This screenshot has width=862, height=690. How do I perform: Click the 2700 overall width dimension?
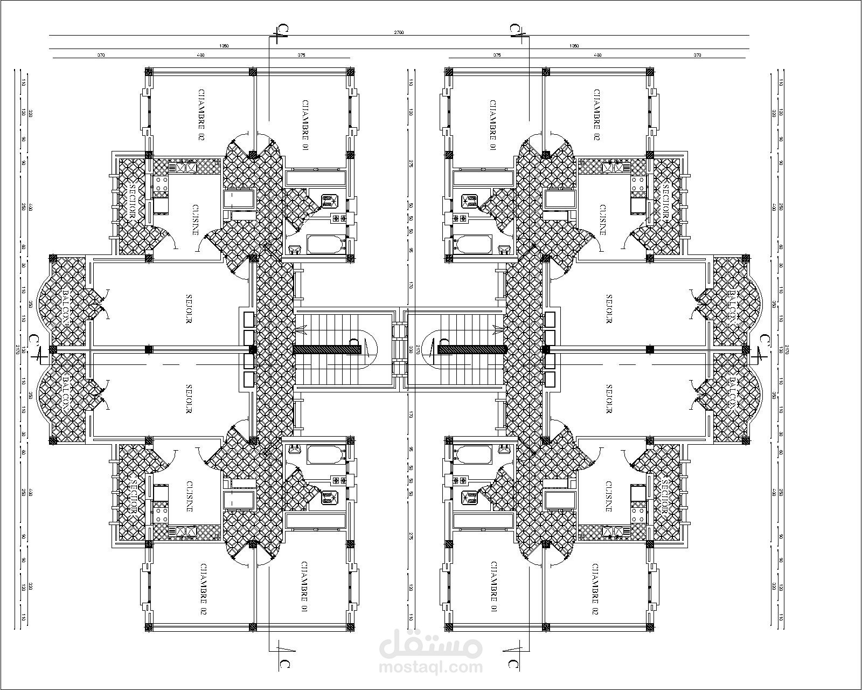[x=399, y=32]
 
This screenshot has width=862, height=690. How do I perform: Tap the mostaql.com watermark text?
[x=431, y=667]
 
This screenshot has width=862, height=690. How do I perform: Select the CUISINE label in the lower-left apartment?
[x=190, y=496]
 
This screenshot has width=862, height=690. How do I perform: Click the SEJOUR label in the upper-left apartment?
[x=190, y=309]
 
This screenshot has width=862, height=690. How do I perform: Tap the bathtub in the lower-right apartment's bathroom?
[x=472, y=454]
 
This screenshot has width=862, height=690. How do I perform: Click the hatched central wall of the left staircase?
[x=327, y=350]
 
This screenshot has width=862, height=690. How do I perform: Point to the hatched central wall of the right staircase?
[x=471, y=350]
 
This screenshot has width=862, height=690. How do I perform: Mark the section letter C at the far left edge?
[x=33, y=340]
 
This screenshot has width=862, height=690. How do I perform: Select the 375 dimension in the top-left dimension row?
[x=301, y=55]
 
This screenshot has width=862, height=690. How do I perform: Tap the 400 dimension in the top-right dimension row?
[x=597, y=55]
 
